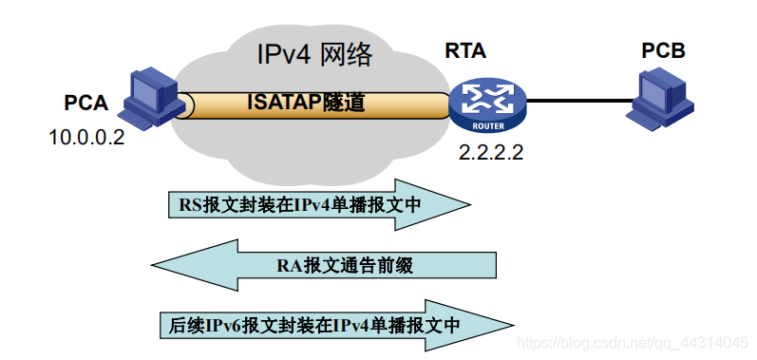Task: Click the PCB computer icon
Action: [x=659, y=100]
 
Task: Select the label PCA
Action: [x=85, y=104]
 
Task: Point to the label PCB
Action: [x=663, y=50]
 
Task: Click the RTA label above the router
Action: [x=465, y=50]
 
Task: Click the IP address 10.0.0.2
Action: [x=86, y=138]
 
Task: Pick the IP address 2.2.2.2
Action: [x=491, y=153]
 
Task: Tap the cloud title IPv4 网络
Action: [x=315, y=55]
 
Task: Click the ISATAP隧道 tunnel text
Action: [x=306, y=103]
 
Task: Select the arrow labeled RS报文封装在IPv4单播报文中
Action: [x=319, y=204]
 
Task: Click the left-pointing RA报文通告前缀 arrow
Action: [x=324, y=265]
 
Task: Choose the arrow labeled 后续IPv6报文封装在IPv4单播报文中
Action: [x=336, y=325]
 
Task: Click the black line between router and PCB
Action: [x=579, y=101]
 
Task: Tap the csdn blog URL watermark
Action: [x=632, y=343]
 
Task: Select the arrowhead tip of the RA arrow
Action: [x=152, y=265]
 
